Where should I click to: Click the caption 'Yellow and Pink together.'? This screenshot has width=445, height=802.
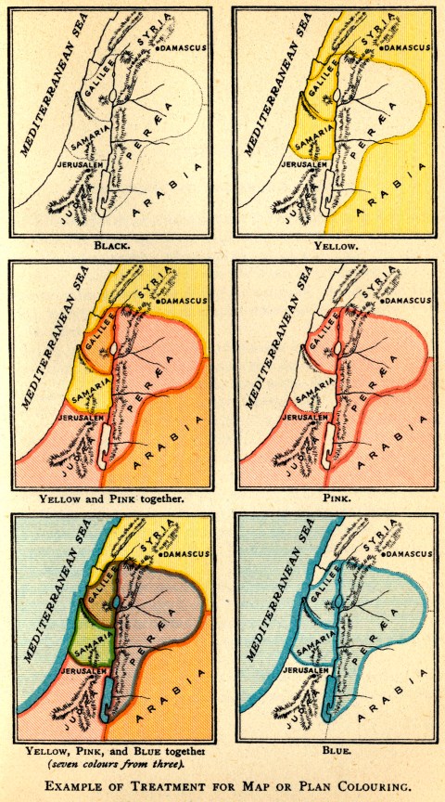pyautogui.click(x=111, y=498)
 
